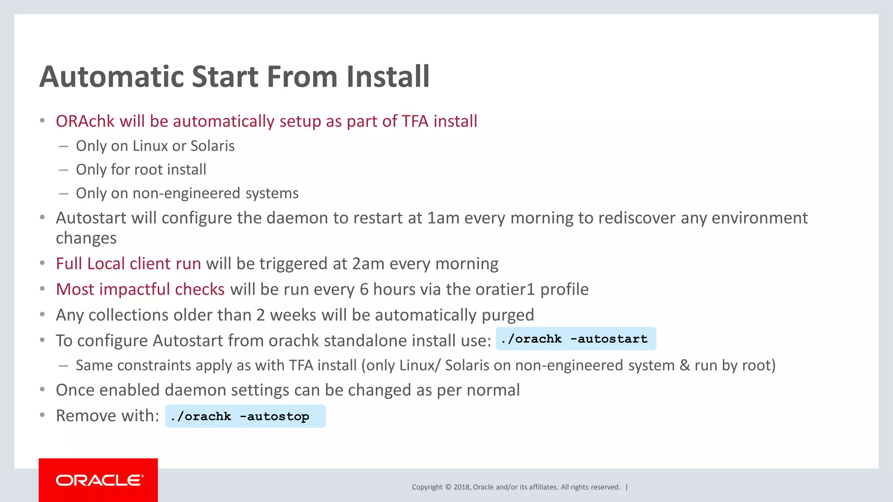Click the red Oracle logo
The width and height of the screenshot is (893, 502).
pos(98,480)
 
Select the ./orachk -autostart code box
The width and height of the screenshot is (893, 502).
pos(576,339)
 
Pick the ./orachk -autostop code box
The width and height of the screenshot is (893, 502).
pos(245,416)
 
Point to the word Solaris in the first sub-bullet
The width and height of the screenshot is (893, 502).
pos(212,146)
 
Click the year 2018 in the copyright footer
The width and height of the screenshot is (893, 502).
pos(461,487)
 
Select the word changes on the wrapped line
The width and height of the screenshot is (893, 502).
pos(86,238)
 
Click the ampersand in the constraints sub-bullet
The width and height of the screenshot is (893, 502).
pos(685,365)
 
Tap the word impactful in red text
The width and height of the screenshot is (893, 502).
pos(135,289)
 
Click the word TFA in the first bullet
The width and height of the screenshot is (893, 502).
pos(415,121)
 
